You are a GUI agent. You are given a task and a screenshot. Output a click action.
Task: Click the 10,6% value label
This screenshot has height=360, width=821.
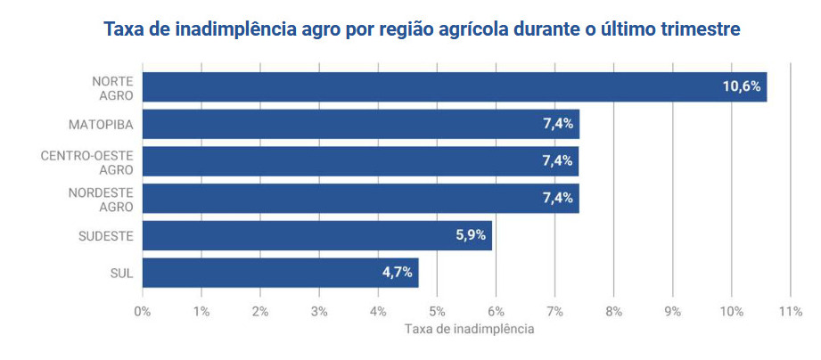click(x=742, y=87)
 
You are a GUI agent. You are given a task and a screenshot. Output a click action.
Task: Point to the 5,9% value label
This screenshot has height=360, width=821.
click(x=470, y=236)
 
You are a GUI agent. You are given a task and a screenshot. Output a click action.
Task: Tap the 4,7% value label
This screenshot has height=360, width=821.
click(x=397, y=273)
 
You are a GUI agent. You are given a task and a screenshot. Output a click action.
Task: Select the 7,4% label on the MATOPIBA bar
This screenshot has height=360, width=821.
click(x=558, y=125)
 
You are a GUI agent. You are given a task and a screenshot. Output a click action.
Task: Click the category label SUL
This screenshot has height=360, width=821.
click(x=121, y=273)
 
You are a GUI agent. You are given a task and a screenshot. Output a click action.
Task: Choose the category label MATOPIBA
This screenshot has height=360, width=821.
click(x=101, y=125)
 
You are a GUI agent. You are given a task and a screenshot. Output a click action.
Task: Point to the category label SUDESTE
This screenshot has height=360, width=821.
click(x=106, y=236)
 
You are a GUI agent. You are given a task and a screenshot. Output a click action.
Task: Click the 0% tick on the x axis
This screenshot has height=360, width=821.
click(x=142, y=311)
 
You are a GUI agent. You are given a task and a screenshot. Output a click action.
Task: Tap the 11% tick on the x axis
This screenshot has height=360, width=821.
click(x=790, y=311)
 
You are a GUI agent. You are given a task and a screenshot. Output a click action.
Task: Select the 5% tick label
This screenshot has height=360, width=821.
click(x=437, y=311)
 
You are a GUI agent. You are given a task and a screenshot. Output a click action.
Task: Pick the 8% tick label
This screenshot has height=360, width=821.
click(x=613, y=311)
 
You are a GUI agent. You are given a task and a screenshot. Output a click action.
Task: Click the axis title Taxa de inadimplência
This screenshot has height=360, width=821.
click(x=469, y=329)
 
